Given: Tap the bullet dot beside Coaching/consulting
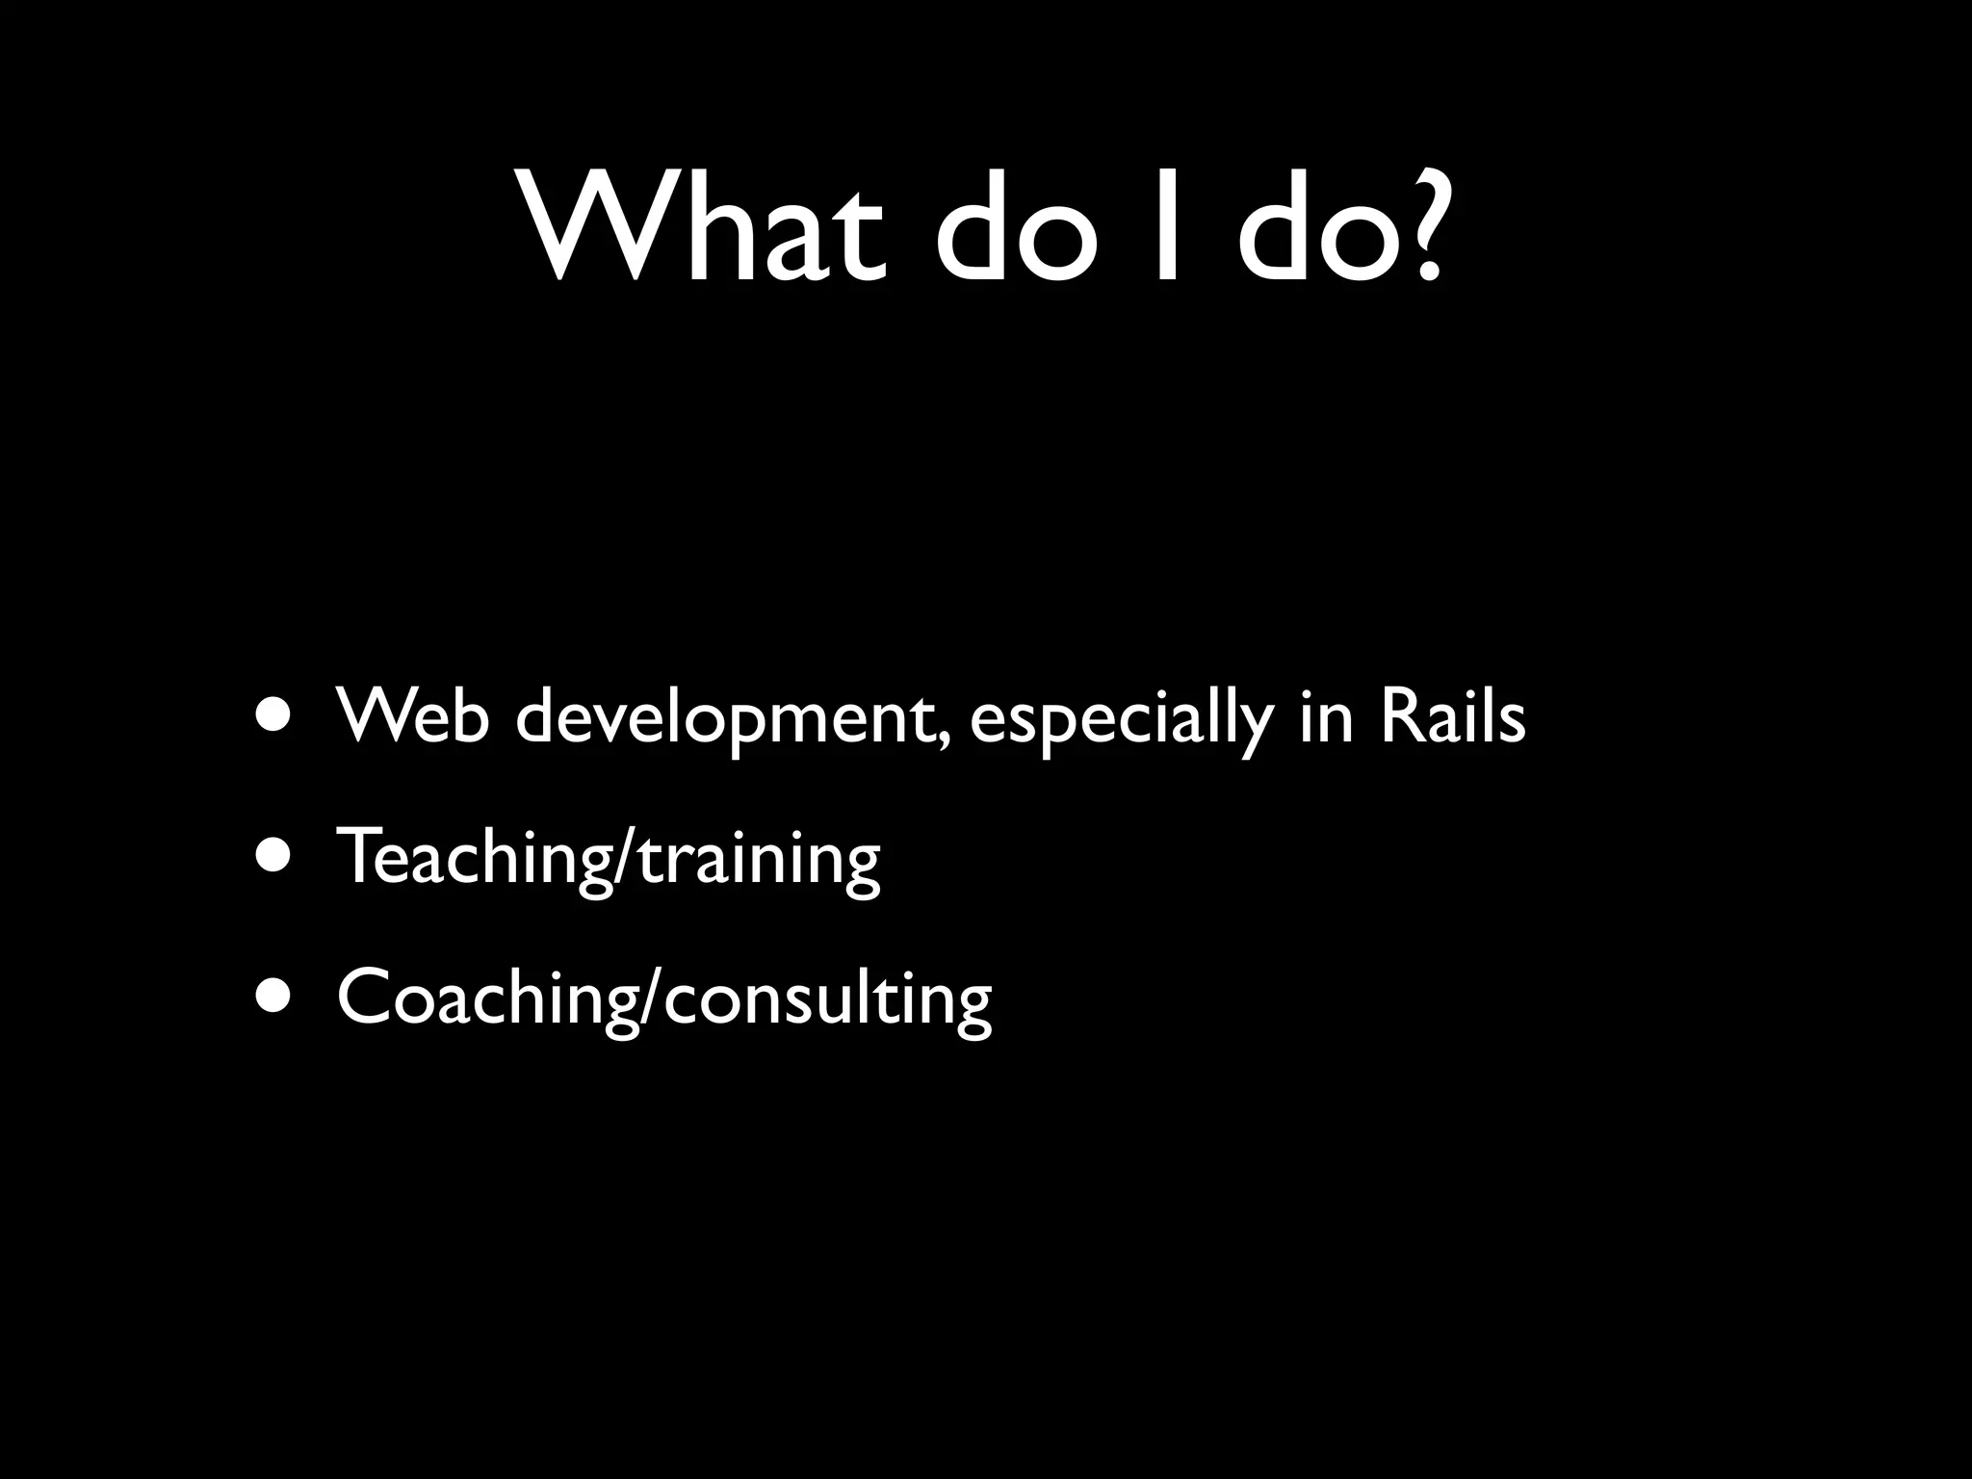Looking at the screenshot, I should tap(275, 997).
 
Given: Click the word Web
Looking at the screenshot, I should tap(413, 717).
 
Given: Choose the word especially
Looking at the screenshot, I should tap(1121, 722).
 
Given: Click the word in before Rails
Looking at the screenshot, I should tap(1327, 717).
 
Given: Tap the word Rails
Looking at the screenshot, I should tap(1453, 717).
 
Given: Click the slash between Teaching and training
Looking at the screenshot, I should tap(625, 859).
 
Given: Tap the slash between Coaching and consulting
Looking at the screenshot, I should tap(652, 999).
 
